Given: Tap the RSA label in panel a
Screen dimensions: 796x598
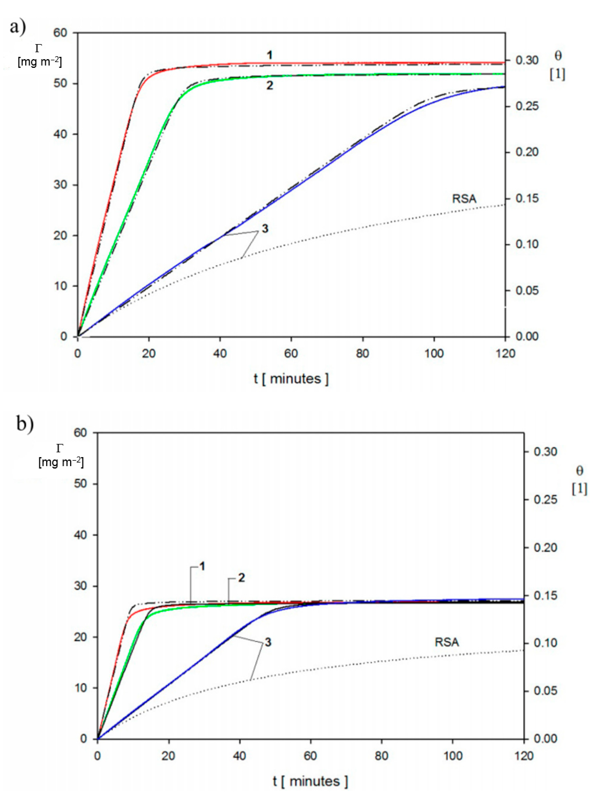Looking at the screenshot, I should tap(464, 199).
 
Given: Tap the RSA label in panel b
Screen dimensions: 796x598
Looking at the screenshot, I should tap(447, 642).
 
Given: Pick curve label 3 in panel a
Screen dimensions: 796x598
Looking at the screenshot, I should tap(265, 229).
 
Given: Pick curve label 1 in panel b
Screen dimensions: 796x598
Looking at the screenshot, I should tap(202, 567).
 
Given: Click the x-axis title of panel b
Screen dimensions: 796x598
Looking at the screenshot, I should tap(310, 781).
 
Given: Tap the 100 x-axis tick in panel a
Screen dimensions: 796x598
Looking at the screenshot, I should tap(434, 354).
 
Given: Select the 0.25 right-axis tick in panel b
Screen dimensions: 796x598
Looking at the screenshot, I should tap(545, 499).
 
